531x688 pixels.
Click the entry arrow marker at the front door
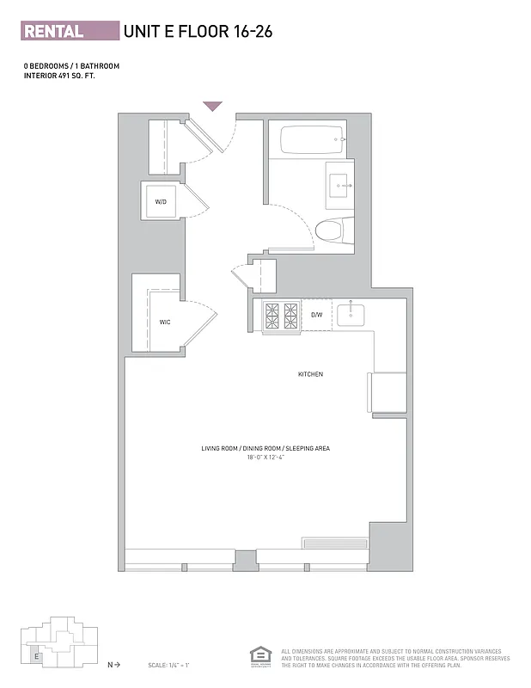(212, 107)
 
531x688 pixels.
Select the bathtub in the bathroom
(306, 140)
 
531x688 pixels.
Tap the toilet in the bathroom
(330, 230)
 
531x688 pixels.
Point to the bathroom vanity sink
(339, 183)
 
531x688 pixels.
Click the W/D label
(161, 202)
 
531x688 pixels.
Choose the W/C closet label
(164, 322)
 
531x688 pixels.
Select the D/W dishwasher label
(316, 315)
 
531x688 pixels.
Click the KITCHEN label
(310, 374)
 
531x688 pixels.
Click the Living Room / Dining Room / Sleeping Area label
(265, 449)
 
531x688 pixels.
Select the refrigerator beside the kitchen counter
(388, 393)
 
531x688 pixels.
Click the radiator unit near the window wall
(334, 543)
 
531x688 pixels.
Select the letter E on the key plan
(36, 656)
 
